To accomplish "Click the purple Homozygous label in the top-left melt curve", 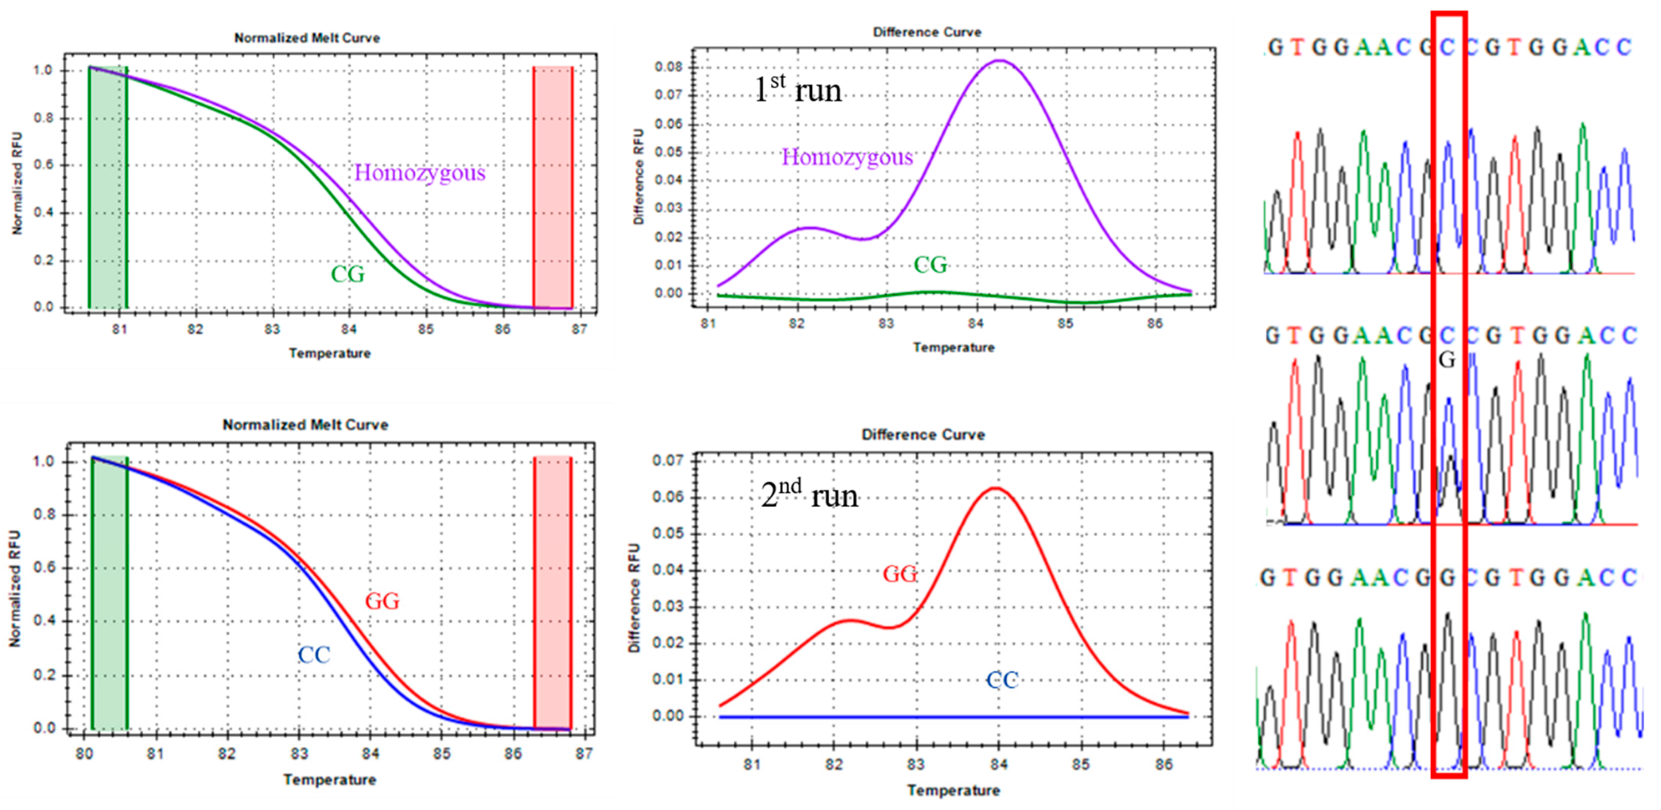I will [x=420, y=173].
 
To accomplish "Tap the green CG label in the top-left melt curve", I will [x=348, y=274].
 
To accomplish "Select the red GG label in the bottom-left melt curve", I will [x=383, y=601].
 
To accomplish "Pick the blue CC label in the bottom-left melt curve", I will [x=314, y=655].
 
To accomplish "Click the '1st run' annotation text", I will [x=798, y=89].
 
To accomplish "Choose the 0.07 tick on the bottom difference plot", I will [x=667, y=461].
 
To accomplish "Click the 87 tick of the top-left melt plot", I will [x=580, y=330].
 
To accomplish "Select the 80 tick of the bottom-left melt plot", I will [x=84, y=754].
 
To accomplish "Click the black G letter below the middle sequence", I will [x=1447, y=360].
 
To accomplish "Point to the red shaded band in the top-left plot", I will [x=553, y=187].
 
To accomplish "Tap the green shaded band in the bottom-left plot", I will [x=110, y=592].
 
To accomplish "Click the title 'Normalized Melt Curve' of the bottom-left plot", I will [x=305, y=425].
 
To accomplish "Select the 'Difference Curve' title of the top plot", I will [x=927, y=32].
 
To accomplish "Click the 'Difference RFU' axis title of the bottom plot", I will [x=635, y=597].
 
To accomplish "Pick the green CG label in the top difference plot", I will [x=930, y=265].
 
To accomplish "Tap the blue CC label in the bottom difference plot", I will [x=1002, y=680].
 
